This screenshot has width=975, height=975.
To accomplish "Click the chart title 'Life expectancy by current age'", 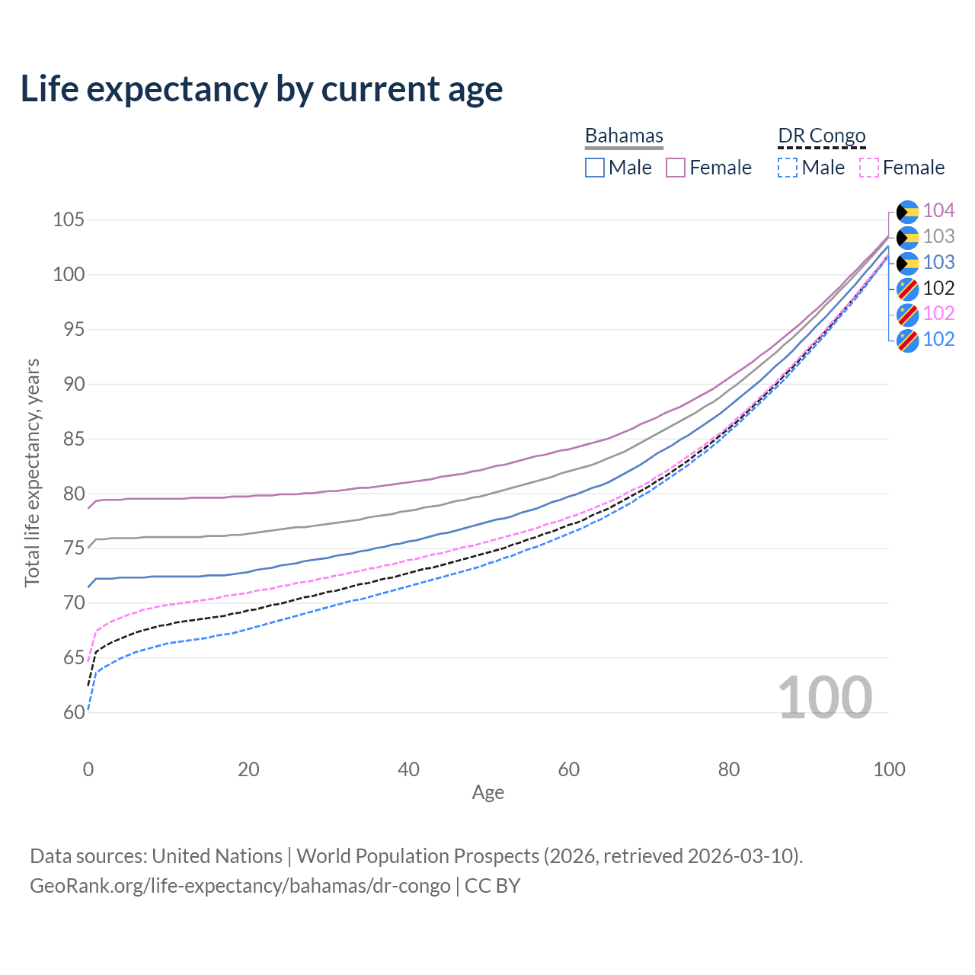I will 261,89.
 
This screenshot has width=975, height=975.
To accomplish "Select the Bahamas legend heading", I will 624,136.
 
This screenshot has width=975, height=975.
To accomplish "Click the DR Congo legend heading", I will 822,136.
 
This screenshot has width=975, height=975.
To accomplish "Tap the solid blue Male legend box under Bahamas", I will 595,168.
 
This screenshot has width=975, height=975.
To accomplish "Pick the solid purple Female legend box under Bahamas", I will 676,168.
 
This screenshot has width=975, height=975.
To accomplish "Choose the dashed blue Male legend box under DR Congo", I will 788,168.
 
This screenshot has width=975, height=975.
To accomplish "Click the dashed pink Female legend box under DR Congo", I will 869,168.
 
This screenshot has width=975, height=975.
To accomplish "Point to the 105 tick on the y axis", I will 68,220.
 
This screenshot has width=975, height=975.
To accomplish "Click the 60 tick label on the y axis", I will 74,712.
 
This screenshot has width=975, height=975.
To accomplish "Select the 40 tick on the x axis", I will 409,769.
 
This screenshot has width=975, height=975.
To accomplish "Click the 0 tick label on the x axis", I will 88,769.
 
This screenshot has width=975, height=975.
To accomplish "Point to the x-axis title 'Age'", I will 487,793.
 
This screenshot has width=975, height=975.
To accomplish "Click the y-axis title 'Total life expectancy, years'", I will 32,472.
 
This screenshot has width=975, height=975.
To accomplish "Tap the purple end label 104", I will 938,210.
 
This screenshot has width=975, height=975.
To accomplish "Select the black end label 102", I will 938,288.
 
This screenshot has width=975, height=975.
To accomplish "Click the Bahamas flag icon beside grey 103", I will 908,237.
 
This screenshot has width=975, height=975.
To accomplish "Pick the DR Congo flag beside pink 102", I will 908,314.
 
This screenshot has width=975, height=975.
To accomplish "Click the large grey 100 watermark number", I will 825,697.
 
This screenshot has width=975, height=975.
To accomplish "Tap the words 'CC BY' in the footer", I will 492,886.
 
